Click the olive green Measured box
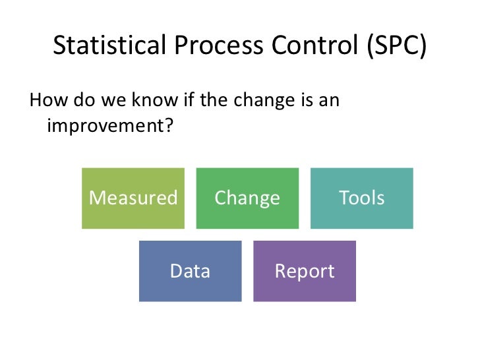click(133, 198)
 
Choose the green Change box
click(247, 198)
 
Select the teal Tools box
click(361, 198)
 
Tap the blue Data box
click(190, 271)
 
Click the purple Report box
click(304, 271)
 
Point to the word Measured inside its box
click(133, 198)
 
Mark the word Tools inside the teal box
click(361, 198)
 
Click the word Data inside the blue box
click(190, 271)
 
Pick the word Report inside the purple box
click(304, 271)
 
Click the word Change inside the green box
click(247, 198)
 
